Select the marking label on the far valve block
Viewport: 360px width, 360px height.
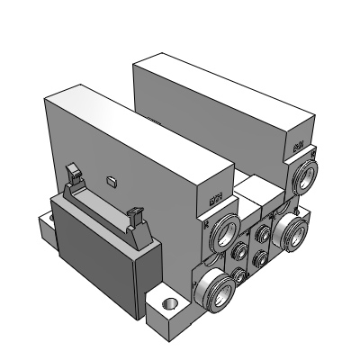pos(297,142)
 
